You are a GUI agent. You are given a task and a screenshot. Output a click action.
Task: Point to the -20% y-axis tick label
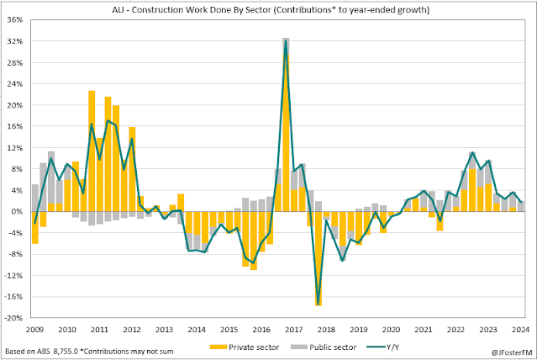coord(14,318)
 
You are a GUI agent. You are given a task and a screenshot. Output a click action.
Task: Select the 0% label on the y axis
coord(18,212)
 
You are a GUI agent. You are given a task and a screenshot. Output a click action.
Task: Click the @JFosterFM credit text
coord(507,352)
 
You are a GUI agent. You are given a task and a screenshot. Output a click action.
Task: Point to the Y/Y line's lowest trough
coord(319,303)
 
